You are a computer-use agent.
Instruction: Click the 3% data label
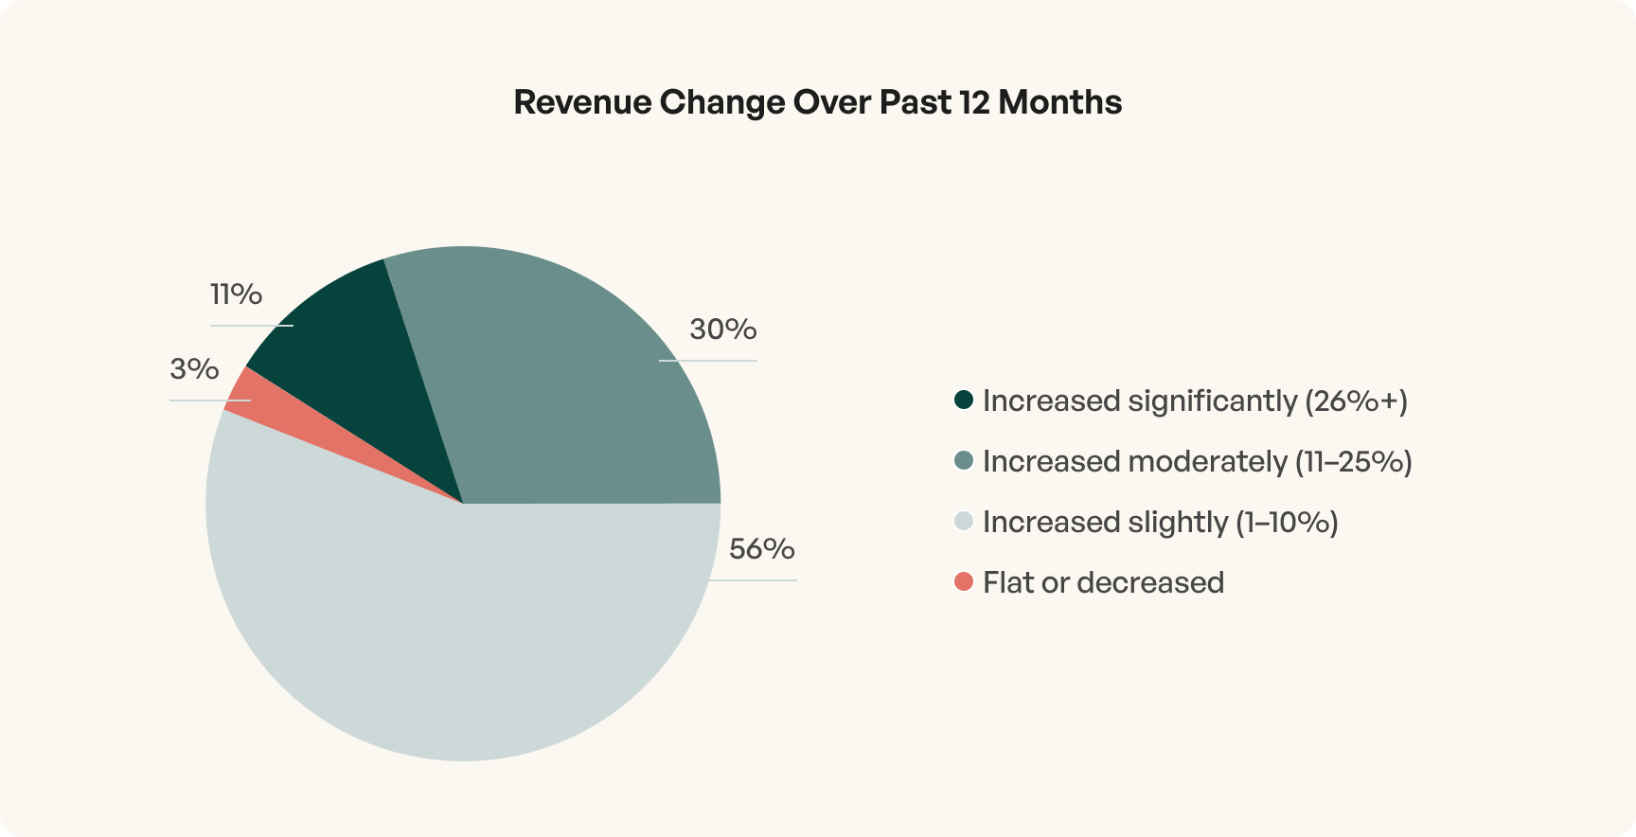[194, 369]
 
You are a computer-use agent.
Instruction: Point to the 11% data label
[236, 294]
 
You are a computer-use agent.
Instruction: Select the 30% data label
[723, 329]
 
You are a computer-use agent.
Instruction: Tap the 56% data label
[761, 549]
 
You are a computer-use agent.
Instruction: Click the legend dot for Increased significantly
[964, 401]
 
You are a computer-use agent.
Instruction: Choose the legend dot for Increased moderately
[964, 461]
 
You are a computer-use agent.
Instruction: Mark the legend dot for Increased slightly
[964, 522]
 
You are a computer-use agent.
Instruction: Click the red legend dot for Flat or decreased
[964, 582]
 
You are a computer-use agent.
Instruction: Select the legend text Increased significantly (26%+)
[1195, 401]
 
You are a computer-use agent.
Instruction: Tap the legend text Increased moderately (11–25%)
[1197, 462]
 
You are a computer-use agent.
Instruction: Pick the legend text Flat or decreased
[1103, 582]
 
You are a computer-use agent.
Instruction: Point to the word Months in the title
[1059, 102]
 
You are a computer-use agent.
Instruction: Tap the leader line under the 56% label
[757, 579]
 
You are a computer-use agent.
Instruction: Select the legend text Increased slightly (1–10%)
[1160, 523]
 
